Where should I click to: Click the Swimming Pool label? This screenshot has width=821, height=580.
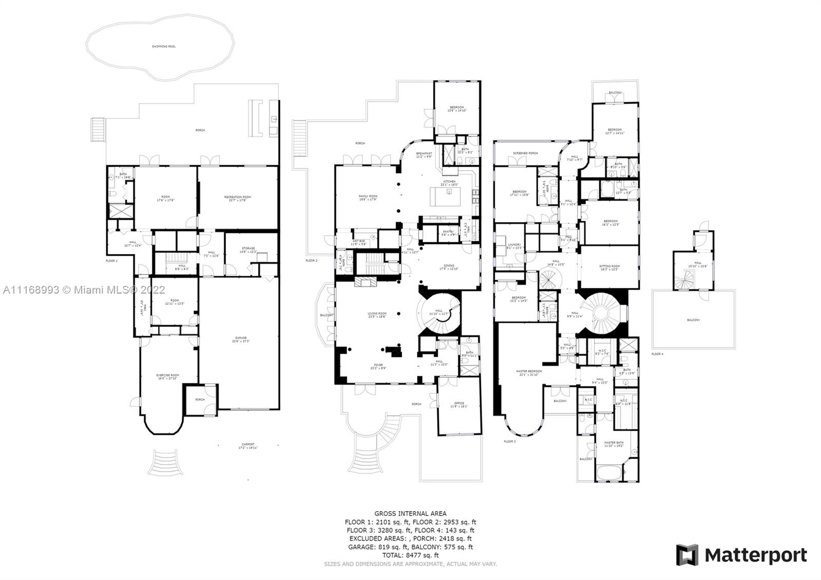pyautogui.click(x=164, y=46)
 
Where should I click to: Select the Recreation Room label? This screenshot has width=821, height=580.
pyautogui.click(x=238, y=197)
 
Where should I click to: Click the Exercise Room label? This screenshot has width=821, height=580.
pyautogui.click(x=167, y=376)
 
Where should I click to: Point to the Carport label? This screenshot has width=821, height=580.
pyautogui.click(x=248, y=445)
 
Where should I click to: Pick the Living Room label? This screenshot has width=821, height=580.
pyautogui.click(x=377, y=314)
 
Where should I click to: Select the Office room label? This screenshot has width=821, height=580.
pyautogui.click(x=459, y=404)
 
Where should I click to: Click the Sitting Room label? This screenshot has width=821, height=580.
pyautogui.click(x=610, y=266)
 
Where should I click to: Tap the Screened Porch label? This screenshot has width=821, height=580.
pyautogui.click(x=525, y=153)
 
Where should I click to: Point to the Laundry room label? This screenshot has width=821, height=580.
pyautogui.click(x=514, y=245)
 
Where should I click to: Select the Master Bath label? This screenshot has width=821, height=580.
pyautogui.click(x=613, y=443)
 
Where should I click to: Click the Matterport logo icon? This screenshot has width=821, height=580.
pyautogui.click(x=687, y=555)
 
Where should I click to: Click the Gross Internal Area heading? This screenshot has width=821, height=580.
pyautogui.click(x=410, y=513)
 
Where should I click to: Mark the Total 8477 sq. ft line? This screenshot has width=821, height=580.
pyautogui.click(x=410, y=555)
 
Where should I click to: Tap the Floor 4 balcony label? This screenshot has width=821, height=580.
pyautogui.click(x=693, y=320)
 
